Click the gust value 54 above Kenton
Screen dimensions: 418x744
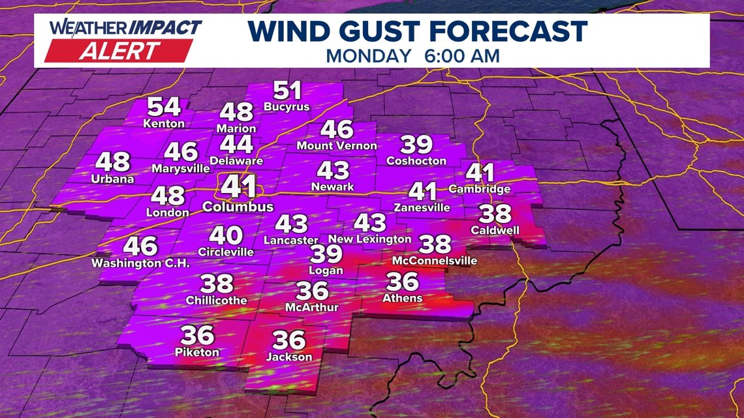[164, 106]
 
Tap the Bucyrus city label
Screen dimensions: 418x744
[287, 107]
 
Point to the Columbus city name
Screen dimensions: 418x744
[238, 207]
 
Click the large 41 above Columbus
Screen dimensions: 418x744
[238, 187]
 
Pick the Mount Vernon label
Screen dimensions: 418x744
[337, 145]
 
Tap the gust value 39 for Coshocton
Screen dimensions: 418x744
[416, 144]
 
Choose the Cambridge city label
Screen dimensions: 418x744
[480, 189]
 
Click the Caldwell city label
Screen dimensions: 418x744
[495, 230]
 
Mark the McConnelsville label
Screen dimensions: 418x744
[435, 261]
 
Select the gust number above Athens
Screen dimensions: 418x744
[402, 282]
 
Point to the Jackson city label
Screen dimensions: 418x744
[289, 357]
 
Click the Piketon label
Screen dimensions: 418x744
[197, 352]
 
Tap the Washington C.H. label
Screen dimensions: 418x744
[140, 263]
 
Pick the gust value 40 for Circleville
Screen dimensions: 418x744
[226, 235]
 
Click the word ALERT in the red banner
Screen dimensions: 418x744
[120, 51]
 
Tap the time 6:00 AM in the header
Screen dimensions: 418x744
[461, 55]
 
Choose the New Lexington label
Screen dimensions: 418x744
[370, 239]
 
